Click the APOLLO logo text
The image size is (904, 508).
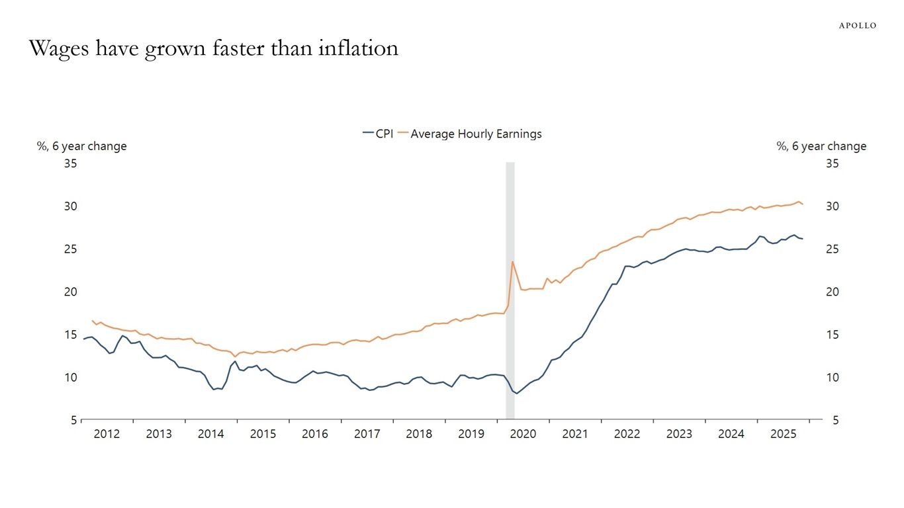(x=858, y=26)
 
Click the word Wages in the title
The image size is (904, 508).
(x=61, y=49)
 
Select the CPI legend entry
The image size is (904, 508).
(x=379, y=134)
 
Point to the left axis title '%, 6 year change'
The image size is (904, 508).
(x=81, y=146)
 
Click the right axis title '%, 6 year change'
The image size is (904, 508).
(x=821, y=146)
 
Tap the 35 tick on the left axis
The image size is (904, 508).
(x=70, y=163)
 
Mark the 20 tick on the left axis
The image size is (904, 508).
(x=70, y=292)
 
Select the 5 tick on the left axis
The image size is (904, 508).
(x=73, y=420)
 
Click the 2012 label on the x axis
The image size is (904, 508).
(x=107, y=434)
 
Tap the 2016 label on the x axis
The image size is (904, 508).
(x=315, y=434)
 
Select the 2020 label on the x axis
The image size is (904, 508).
(x=523, y=434)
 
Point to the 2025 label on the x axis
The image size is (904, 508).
(x=784, y=434)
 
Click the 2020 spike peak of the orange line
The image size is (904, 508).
(x=512, y=261)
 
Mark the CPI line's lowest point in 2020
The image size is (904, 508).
(x=518, y=394)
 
